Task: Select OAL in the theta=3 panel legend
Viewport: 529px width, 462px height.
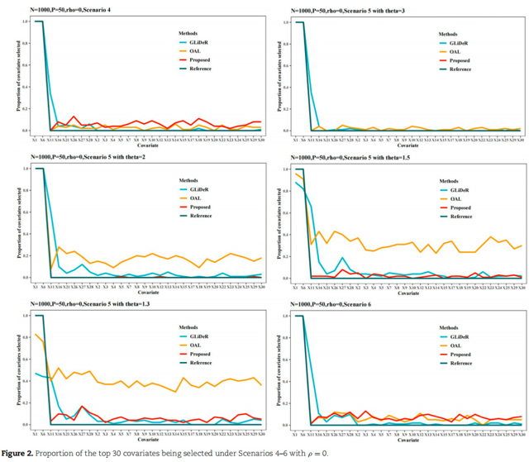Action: coord(456,50)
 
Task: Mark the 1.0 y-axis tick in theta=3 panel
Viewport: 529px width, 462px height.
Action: coord(288,21)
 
